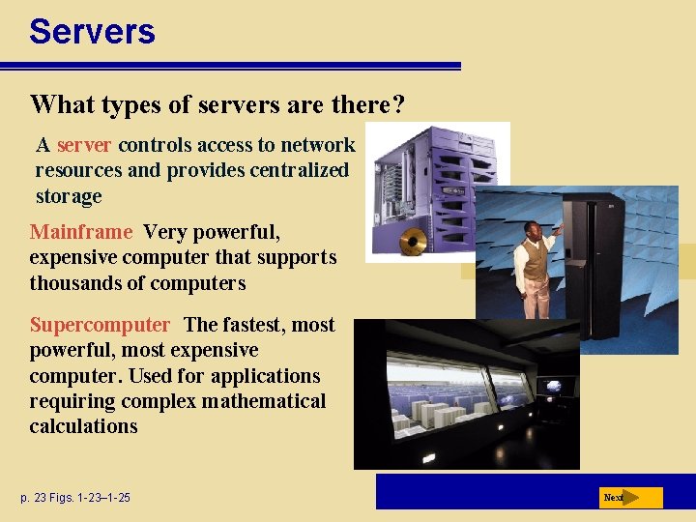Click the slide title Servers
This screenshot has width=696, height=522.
pos(92,31)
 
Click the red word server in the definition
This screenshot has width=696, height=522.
pos(84,145)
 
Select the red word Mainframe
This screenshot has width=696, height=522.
pos(80,232)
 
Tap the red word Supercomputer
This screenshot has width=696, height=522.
pos(100,325)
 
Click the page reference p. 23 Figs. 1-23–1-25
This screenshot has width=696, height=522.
pos(74,498)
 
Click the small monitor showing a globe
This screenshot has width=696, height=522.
pos(555,387)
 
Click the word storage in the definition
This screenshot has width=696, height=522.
pos(68,196)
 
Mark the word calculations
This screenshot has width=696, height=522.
pos(83,426)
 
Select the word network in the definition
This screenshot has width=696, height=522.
pos(318,145)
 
